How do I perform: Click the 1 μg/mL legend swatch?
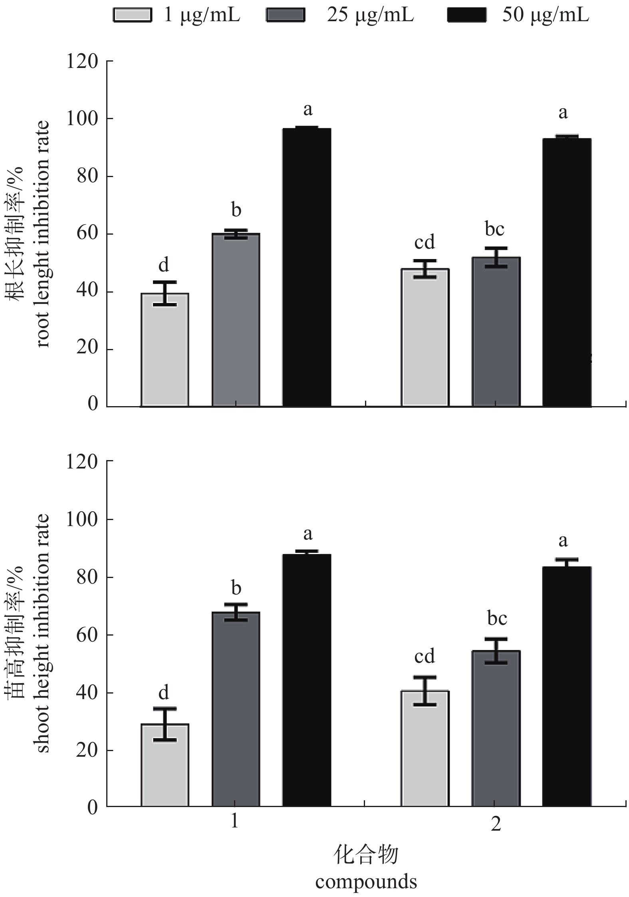(132, 15)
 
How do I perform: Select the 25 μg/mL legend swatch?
(285, 15)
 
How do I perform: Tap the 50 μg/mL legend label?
(546, 15)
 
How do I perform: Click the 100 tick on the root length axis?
(82, 119)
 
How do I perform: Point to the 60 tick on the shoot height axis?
(87, 635)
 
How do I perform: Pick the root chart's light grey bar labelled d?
(165, 350)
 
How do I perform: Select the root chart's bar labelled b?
(236, 320)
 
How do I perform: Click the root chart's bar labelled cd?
(425, 338)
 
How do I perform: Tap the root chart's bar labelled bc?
(496, 332)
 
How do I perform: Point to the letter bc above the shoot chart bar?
(497, 618)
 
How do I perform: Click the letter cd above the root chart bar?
(424, 242)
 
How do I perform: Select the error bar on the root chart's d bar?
(165, 293)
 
